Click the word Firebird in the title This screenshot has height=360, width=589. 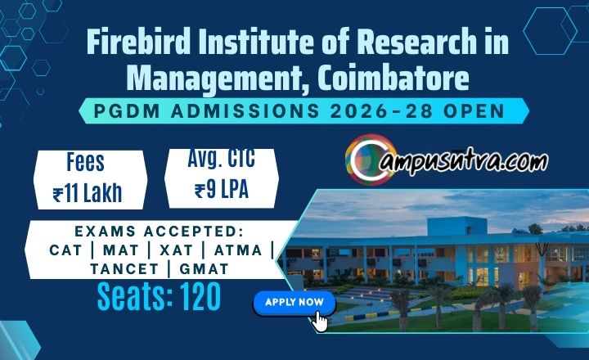click(x=138, y=42)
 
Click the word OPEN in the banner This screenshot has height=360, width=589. click(x=474, y=111)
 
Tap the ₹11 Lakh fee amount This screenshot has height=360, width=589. click(x=88, y=193)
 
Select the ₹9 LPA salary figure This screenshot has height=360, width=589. click(x=222, y=189)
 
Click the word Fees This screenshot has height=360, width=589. click(x=85, y=162)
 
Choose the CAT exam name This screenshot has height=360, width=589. click(x=65, y=250)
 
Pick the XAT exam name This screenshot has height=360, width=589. click(x=176, y=250)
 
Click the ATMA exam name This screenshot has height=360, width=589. click(x=238, y=250)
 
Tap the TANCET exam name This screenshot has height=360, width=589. click(x=124, y=269)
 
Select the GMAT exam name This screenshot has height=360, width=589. click(x=204, y=269)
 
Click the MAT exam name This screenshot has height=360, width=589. click(x=120, y=250)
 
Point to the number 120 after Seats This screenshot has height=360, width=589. click(x=201, y=296)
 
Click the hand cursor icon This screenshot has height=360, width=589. click(x=320, y=322)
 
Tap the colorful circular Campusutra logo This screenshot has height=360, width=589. click(x=369, y=160)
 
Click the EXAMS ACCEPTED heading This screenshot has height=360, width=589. click(x=160, y=232)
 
